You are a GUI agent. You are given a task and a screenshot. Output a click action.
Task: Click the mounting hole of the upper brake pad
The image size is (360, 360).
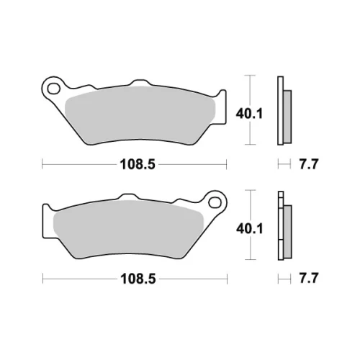[x=53, y=89]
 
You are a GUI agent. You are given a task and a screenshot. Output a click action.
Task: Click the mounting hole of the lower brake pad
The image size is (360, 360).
[x=215, y=203]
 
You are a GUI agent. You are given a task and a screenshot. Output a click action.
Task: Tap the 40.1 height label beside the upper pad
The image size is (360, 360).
[x=249, y=114]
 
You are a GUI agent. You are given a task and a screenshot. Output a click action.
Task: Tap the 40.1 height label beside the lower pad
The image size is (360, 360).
[x=250, y=228]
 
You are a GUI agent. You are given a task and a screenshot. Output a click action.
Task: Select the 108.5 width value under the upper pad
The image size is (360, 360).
[x=138, y=165]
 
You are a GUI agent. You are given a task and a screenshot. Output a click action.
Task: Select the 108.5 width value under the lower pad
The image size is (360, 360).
[x=138, y=279]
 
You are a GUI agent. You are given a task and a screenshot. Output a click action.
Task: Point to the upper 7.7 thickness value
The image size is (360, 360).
[x=308, y=164]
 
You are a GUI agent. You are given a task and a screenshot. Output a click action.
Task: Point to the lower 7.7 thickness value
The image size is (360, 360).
[x=308, y=279]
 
